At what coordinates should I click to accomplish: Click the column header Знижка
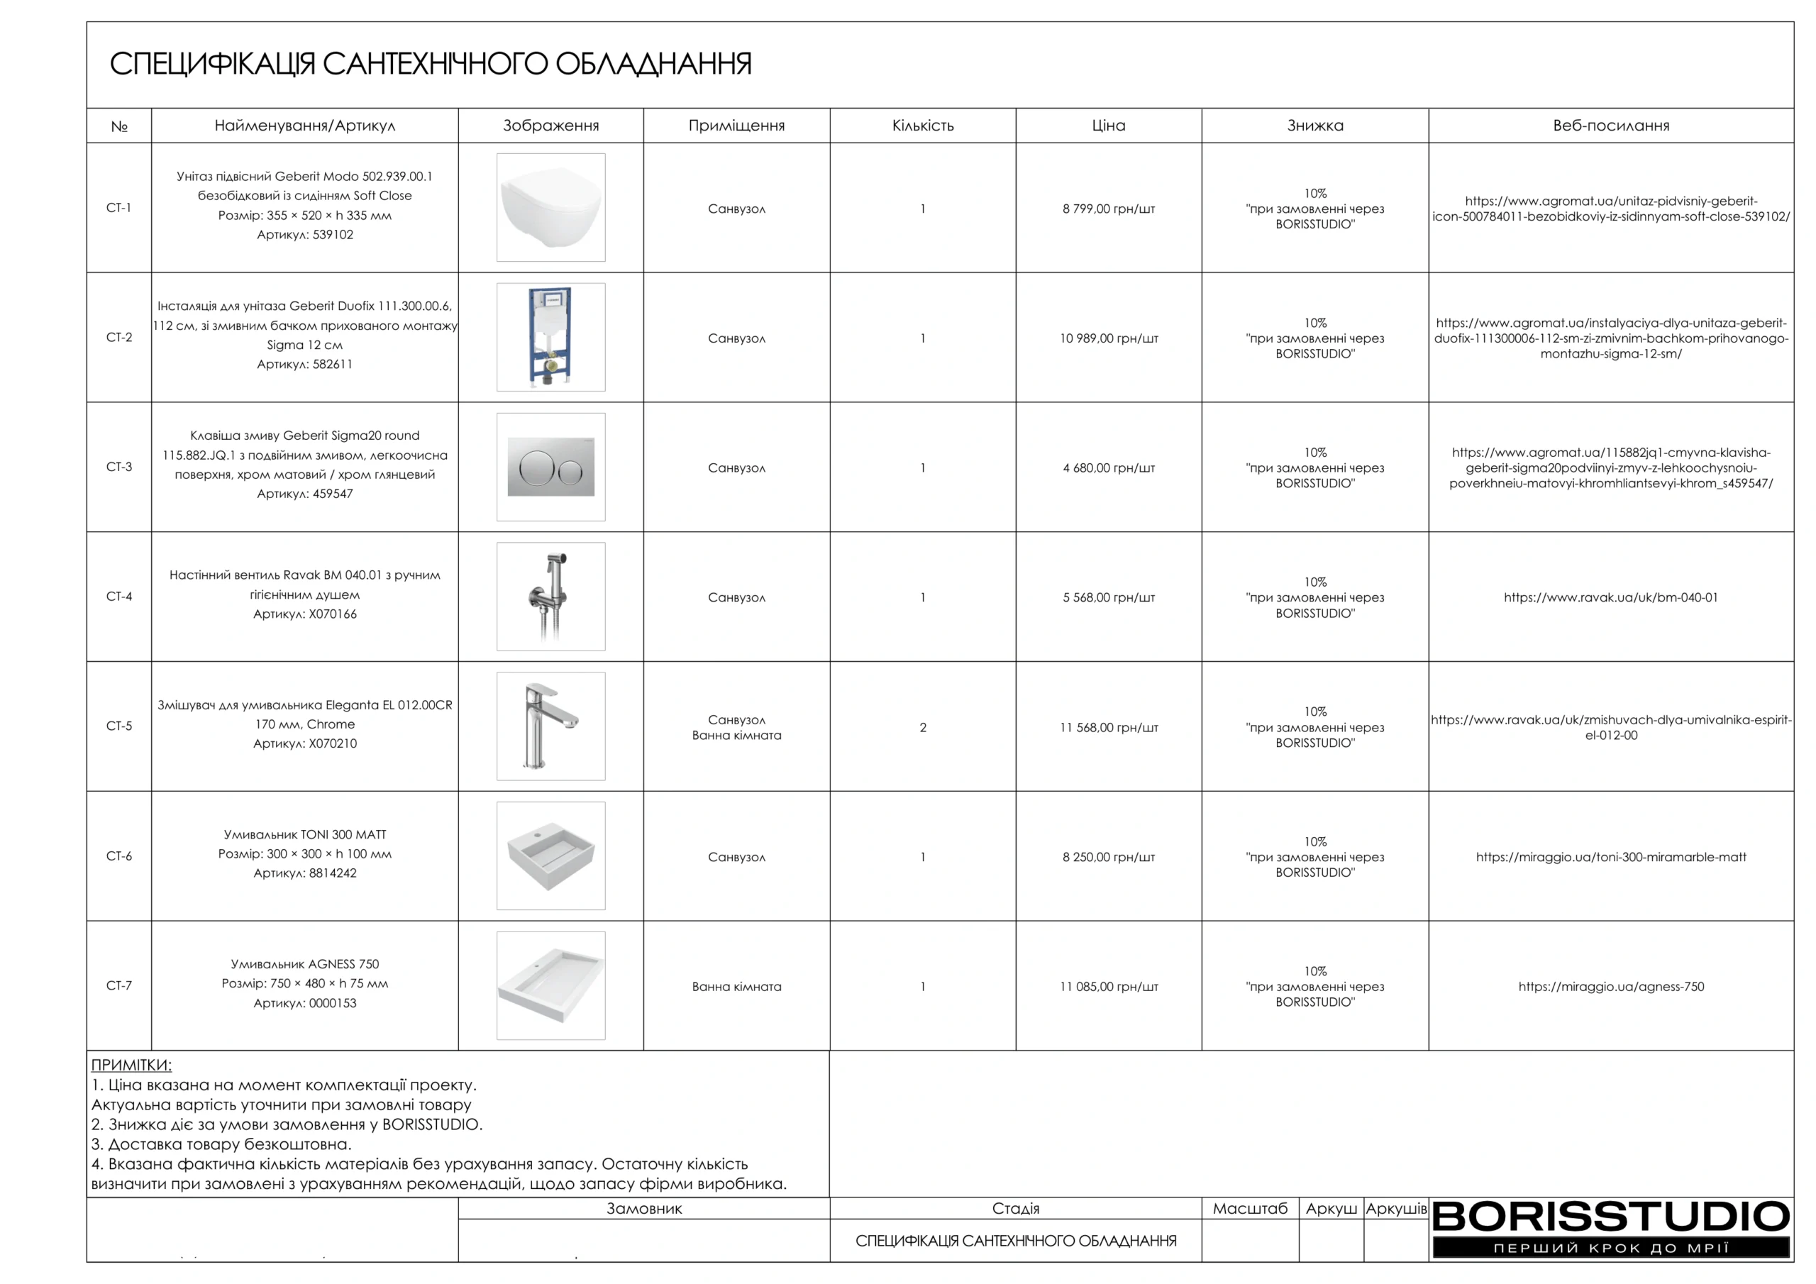tap(1314, 125)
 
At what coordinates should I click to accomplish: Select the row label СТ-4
tap(118, 597)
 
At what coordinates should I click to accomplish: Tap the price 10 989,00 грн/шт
tap(1108, 338)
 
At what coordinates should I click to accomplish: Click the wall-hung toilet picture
tap(550, 207)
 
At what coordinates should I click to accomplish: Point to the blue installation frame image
tap(550, 337)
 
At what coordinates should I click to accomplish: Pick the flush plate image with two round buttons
tap(550, 467)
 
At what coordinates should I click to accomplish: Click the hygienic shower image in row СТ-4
tap(550, 597)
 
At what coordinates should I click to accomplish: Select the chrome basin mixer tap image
tap(550, 726)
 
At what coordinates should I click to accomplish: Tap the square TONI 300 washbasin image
tap(550, 856)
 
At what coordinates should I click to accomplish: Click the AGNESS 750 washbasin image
tap(550, 986)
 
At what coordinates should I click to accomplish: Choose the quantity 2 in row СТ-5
tap(922, 727)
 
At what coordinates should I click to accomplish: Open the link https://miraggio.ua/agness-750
tap(1610, 987)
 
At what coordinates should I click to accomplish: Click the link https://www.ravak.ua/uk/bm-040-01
tap(1610, 597)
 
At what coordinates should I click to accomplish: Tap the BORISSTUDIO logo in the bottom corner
tap(1610, 1227)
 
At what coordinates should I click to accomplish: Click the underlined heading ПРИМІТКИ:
tap(131, 1065)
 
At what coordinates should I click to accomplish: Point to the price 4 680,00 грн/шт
tap(1108, 468)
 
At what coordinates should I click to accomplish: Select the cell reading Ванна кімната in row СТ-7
tap(736, 987)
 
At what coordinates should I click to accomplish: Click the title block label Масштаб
tap(1250, 1208)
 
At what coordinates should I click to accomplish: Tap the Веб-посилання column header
tap(1610, 125)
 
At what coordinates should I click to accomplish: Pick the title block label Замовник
tap(644, 1208)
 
